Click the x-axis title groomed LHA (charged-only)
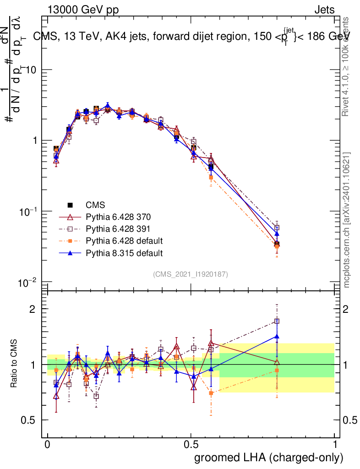(x=269, y=457)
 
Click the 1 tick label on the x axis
(x=335, y=444)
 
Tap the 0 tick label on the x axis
(x=48, y=444)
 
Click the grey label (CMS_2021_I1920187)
(x=191, y=274)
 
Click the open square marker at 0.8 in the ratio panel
(x=277, y=321)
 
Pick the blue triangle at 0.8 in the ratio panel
(x=277, y=336)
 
